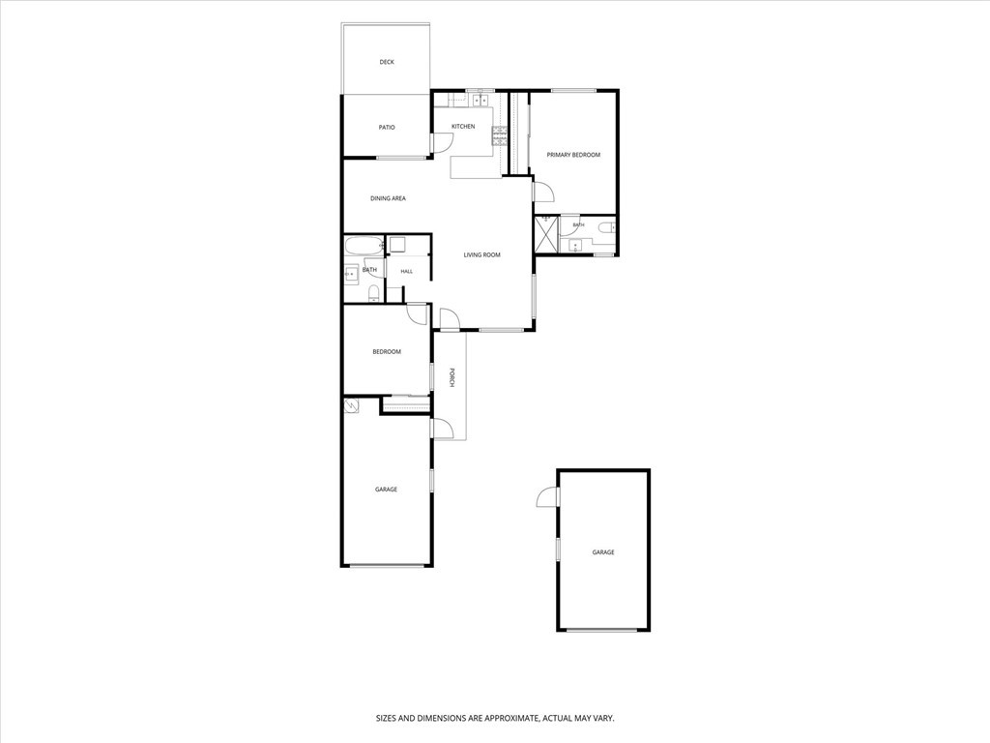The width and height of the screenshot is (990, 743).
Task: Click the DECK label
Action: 387,62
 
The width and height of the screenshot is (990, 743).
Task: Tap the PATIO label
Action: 387,128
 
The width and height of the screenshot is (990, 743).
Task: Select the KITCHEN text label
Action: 463,127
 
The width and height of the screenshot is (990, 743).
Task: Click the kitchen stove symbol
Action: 500,136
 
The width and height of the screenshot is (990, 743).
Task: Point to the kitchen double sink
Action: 481,100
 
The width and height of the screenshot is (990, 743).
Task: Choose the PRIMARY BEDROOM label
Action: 573,155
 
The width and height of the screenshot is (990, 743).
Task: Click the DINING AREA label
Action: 388,198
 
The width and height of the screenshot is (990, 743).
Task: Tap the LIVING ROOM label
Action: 481,255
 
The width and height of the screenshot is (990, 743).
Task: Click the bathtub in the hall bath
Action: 364,246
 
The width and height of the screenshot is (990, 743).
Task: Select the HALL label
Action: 407,272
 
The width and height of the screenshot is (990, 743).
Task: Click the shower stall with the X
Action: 546,235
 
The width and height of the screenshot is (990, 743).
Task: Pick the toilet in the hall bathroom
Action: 374,293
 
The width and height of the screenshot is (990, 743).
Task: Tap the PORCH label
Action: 451,377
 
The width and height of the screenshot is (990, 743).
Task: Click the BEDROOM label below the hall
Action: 387,352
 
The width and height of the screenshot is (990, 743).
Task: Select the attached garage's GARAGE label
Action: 387,490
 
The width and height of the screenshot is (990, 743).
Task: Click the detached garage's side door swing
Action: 547,496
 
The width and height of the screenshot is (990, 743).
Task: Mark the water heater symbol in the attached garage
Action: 352,405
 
